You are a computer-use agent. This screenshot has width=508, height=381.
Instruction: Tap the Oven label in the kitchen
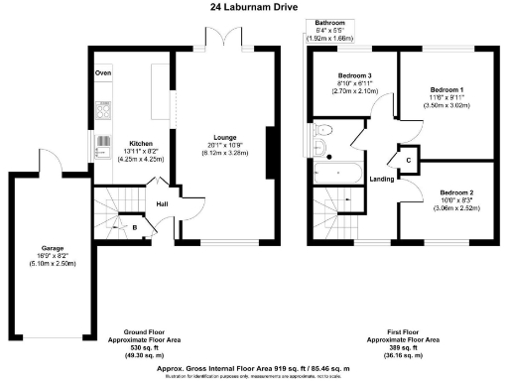click(103, 74)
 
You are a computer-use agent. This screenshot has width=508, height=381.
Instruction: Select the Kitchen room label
click(134, 143)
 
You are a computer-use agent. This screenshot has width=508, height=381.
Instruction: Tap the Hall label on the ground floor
click(162, 205)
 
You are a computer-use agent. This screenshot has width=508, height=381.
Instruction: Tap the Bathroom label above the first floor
click(329, 22)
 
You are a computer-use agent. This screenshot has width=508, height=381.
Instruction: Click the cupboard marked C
click(408, 159)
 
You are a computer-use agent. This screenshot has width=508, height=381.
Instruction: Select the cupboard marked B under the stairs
click(135, 227)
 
